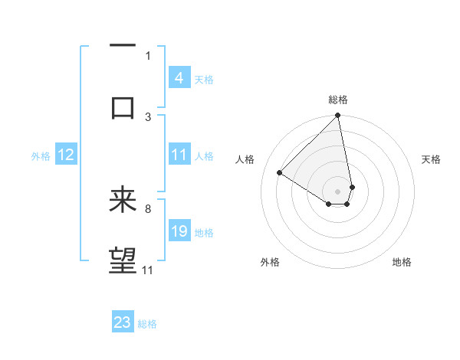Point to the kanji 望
click(x=123, y=260)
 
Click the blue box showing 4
click(x=179, y=78)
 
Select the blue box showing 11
click(x=179, y=155)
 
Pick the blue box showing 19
click(x=179, y=231)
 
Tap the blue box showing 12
click(x=65, y=155)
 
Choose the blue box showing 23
click(x=123, y=322)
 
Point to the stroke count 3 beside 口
click(x=148, y=116)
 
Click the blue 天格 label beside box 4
click(x=204, y=79)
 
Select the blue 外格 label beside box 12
click(x=41, y=156)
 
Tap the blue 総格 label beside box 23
click(x=147, y=324)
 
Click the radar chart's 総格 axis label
click(x=338, y=100)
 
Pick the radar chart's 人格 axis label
click(x=245, y=159)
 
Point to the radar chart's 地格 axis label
click(x=402, y=262)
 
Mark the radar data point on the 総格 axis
click(x=338, y=116)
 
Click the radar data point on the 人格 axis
click(x=280, y=173)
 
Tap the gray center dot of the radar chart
click(x=338, y=191)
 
